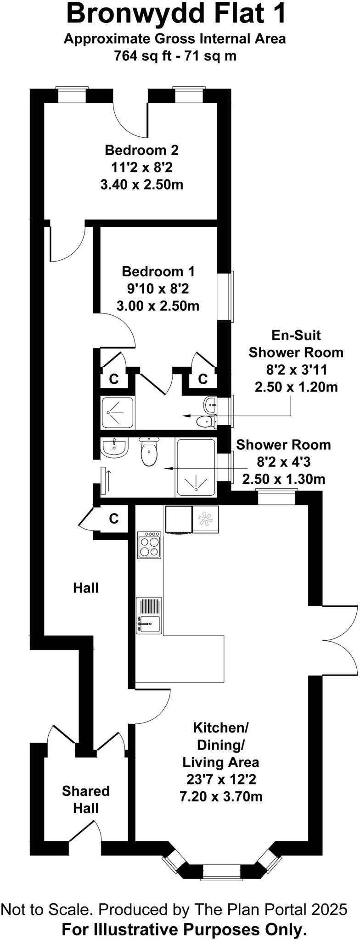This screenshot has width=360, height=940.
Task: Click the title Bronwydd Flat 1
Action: (176, 14)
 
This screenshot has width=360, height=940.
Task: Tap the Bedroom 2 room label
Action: (141, 150)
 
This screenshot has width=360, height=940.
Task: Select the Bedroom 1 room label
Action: (158, 271)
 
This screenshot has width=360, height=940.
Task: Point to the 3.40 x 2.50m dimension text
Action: (141, 185)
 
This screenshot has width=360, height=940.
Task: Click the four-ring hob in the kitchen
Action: (149, 545)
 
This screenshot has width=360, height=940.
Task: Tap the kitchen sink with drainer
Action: (149, 615)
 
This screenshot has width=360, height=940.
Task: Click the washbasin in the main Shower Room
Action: (113, 448)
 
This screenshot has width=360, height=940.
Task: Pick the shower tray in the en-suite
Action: (117, 412)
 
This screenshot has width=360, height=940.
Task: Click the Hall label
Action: (86, 587)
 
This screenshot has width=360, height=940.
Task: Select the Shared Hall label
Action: (86, 799)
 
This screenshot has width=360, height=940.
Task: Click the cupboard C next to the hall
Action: (113, 518)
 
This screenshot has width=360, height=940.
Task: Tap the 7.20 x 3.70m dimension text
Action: (221, 796)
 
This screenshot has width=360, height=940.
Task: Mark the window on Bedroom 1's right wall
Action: (231, 296)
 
